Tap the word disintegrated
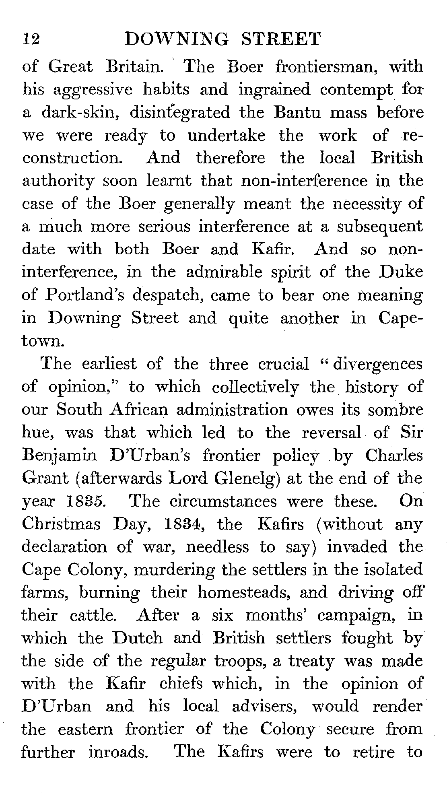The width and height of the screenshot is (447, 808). [x=179, y=112]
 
